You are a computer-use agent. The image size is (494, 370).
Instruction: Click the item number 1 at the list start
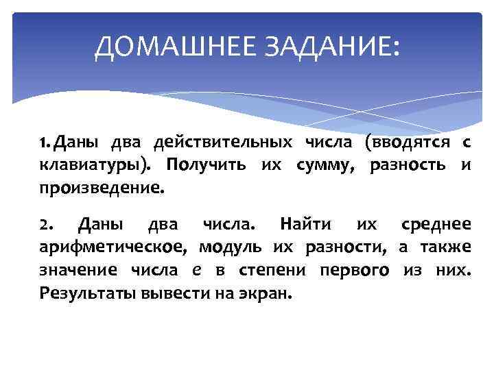point(45,143)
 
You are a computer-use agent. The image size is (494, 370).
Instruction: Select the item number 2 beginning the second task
point(44,225)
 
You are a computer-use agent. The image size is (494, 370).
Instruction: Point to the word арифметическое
point(113,247)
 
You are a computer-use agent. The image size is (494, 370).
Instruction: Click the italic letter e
point(197,270)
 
